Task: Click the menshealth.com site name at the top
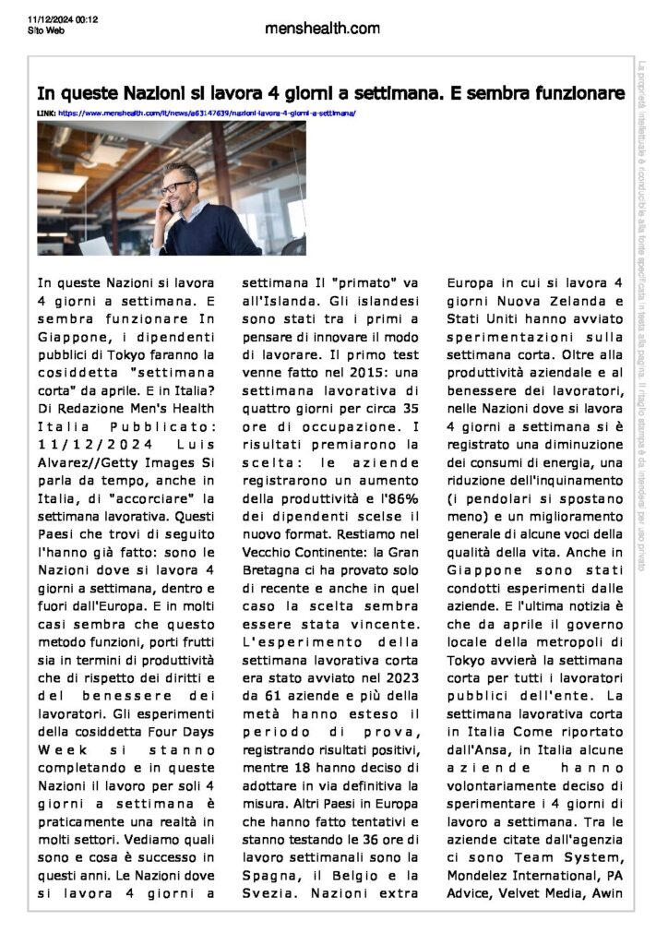(x=321, y=29)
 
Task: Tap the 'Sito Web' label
(x=45, y=30)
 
